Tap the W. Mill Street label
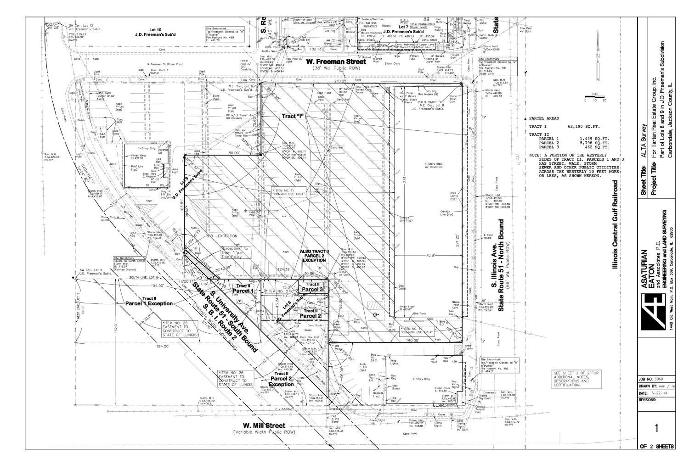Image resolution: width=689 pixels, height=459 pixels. pyautogui.click(x=264, y=426)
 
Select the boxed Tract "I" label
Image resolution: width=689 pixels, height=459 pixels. pyautogui.click(x=293, y=116)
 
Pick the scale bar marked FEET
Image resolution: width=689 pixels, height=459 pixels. pyautogui.click(x=595, y=97)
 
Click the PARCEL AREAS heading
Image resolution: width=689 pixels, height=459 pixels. pyautogui.click(x=544, y=118)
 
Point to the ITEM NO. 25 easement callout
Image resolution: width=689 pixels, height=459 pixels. pyautogui.click(x=180, y=329)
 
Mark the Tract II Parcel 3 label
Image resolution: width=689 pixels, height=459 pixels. pyautogui.click(x=312, y=287)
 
